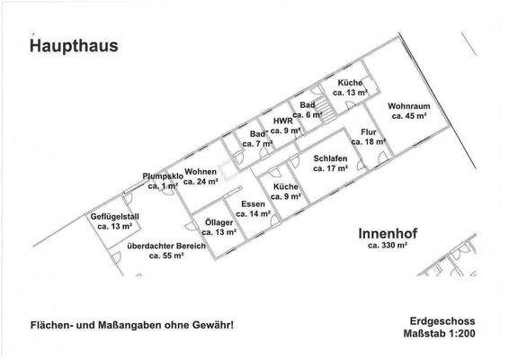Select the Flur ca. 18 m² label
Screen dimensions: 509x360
pos(368,136)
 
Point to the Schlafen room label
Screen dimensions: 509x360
pos(330,163)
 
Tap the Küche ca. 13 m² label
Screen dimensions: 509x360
pos(350,87)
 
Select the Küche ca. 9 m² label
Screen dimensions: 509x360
pos(278,192)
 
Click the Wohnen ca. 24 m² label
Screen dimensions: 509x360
pos(202,175)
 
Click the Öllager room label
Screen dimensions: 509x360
pos(218,226)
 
